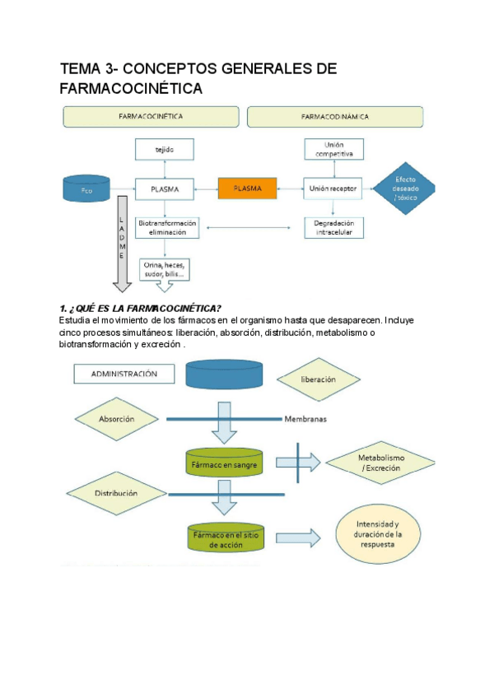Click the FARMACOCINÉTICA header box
pyautogui.click(x=151, y=117)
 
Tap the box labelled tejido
pyautogui.click(x=165, y=150)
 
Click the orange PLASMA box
pyautogui.click(x=247, y=188)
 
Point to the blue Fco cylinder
pyautogui.click(x=86, y=189)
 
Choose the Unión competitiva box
pyautogui.click(x=333, y=150)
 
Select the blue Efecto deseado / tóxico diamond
pyautogui.click(x=405, y=189)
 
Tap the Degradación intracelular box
pyautogui.click(x=333, y=227)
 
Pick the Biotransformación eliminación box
pyautogui.click(x=168, y=227)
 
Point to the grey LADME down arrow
pyautogui.click(x=122, y=243)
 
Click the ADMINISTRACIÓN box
pyautogui.click(x=125, y=374)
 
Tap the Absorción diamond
pyautogui.click(x=116, y=418)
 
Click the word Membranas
pyautogui.click(x=305, y=419)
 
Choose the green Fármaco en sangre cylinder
pyautogui.click(x=226, y=462)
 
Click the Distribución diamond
pyautogui.click(x=116, y=493)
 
